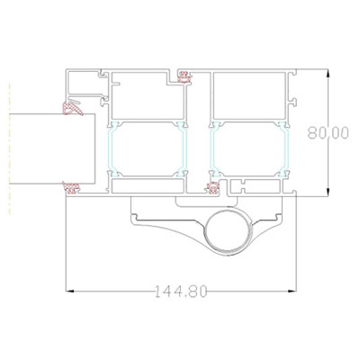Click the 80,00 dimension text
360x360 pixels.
pos(328,133)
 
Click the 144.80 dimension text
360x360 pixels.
pos(181,292)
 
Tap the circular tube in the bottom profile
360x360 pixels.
pos(228,230)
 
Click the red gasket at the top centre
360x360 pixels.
pos(184,76)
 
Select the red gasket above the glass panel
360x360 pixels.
pos(72,108)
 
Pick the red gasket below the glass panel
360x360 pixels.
pos(71,188)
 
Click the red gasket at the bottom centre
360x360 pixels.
pos(213,188)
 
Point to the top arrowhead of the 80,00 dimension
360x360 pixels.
pos(328,74)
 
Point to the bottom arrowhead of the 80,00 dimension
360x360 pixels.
pos(328,193)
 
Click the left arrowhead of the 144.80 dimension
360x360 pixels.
pos(70,291)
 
